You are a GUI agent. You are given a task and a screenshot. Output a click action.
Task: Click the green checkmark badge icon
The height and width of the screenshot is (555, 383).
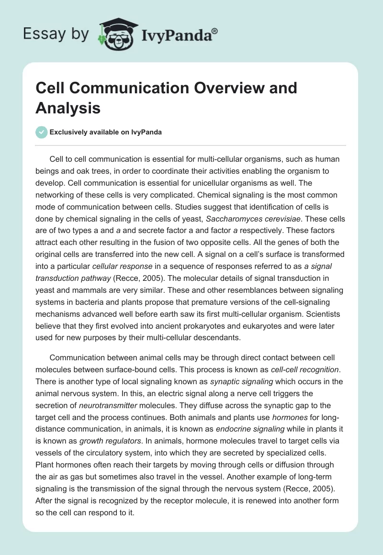(41, 132)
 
